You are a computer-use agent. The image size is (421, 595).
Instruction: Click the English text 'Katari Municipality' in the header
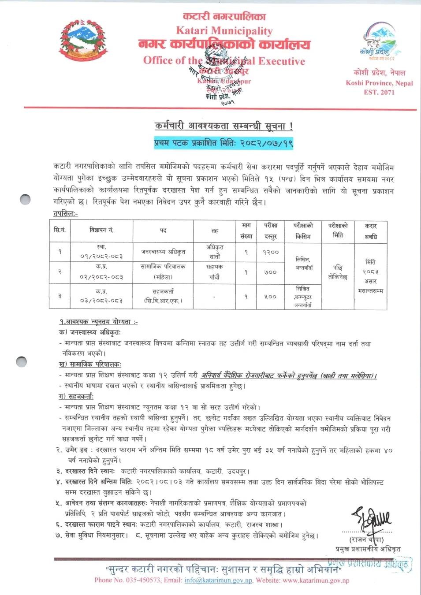tap(224, 31)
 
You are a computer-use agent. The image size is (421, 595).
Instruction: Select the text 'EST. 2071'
tap(379, 92)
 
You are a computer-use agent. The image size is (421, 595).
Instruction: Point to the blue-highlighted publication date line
tap(224, 143)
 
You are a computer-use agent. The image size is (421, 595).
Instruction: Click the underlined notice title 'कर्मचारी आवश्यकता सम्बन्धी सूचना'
tap(224, 126)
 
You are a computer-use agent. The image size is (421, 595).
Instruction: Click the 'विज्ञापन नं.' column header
tap(101, 230)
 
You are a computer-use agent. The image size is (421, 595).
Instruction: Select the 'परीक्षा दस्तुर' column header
tap(270, 231)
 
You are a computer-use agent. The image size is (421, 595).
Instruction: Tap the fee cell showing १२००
tap(271, 252)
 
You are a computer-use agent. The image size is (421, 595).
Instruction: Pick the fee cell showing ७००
tap(271, 272)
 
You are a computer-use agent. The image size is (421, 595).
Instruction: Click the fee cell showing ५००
tap(271, 297)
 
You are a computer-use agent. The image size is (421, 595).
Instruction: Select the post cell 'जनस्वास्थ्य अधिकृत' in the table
tap(163, 252)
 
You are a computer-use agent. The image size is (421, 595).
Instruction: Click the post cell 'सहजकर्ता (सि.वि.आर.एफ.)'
tap(163, 296)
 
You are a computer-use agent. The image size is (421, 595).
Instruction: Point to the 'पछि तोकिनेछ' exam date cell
tap(338, 272)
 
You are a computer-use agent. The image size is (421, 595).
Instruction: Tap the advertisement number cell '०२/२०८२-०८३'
tap(101, 277)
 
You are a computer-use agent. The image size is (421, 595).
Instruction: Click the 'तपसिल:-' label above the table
tap(65, 214)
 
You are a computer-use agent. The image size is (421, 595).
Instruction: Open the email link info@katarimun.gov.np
tap(218, 580)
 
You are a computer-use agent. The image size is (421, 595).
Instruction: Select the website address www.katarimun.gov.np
tap(316, 580)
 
